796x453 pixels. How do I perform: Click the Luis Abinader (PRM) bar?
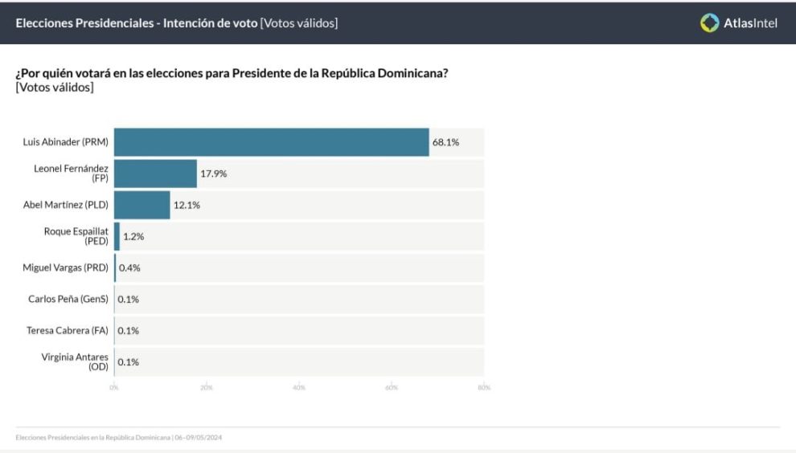(271, 142)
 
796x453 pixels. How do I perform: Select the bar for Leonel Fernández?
(155, 173)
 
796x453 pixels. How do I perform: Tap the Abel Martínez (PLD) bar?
(142, 205)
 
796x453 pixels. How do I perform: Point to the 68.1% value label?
(445, 142)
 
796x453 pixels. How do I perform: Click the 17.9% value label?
(213, 173)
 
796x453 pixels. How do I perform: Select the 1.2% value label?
(133, 236)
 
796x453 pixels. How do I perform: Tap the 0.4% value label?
(129, 267)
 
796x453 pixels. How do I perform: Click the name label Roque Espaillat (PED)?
(76, 236)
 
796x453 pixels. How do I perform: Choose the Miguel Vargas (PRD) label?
(65, 267)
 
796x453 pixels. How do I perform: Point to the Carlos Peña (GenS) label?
(68, 299)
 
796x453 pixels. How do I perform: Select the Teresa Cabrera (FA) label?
(68, 330)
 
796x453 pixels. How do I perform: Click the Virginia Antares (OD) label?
(75, 361)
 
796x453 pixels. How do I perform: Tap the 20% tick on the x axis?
(207, 388)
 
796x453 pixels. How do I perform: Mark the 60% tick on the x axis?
(392, 388)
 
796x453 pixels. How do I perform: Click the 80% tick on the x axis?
(484, 388)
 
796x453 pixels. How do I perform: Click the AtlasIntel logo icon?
(709, 23)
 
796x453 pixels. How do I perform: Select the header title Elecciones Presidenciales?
(84, 23)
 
